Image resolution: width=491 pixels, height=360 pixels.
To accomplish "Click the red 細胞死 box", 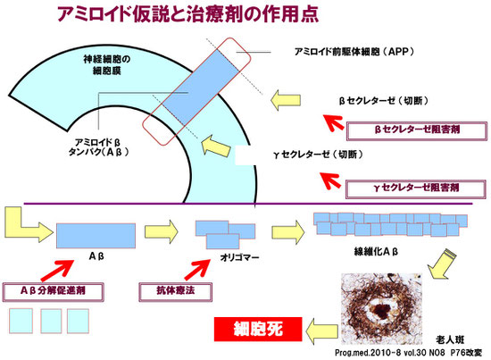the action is point(258,329).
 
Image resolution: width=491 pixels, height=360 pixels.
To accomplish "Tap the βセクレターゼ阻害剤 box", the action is point(417,130).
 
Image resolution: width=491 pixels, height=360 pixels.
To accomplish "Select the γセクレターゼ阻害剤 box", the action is point(416,188).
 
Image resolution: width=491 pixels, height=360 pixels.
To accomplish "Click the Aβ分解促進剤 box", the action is point(54,292).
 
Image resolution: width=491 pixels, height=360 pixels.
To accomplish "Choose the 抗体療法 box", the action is point(175,292).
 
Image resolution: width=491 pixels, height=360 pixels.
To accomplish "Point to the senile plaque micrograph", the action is point(381,308).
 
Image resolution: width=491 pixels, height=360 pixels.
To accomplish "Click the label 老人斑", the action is point(450,339).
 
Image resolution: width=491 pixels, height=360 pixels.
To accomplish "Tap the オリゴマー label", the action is point(240,257).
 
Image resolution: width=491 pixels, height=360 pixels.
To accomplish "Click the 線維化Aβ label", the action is point(376,251).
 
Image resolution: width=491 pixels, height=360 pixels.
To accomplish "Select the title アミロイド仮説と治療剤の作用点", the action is point(187,13).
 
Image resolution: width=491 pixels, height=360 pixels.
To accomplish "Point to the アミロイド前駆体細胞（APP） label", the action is point(354,52).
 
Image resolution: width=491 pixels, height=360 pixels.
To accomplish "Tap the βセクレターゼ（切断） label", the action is point(384,101).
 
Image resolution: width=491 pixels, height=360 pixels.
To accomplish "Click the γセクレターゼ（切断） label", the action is point(318,155).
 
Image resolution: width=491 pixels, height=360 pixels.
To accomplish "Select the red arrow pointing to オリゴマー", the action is point(197,269).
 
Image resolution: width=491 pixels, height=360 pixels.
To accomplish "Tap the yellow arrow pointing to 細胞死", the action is point(321,331).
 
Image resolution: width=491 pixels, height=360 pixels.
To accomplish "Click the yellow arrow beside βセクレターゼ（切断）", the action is point(286,100).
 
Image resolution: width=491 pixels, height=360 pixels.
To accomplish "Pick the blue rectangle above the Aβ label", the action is point(96,236).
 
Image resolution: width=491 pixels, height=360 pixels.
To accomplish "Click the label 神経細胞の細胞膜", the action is point(107,65).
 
